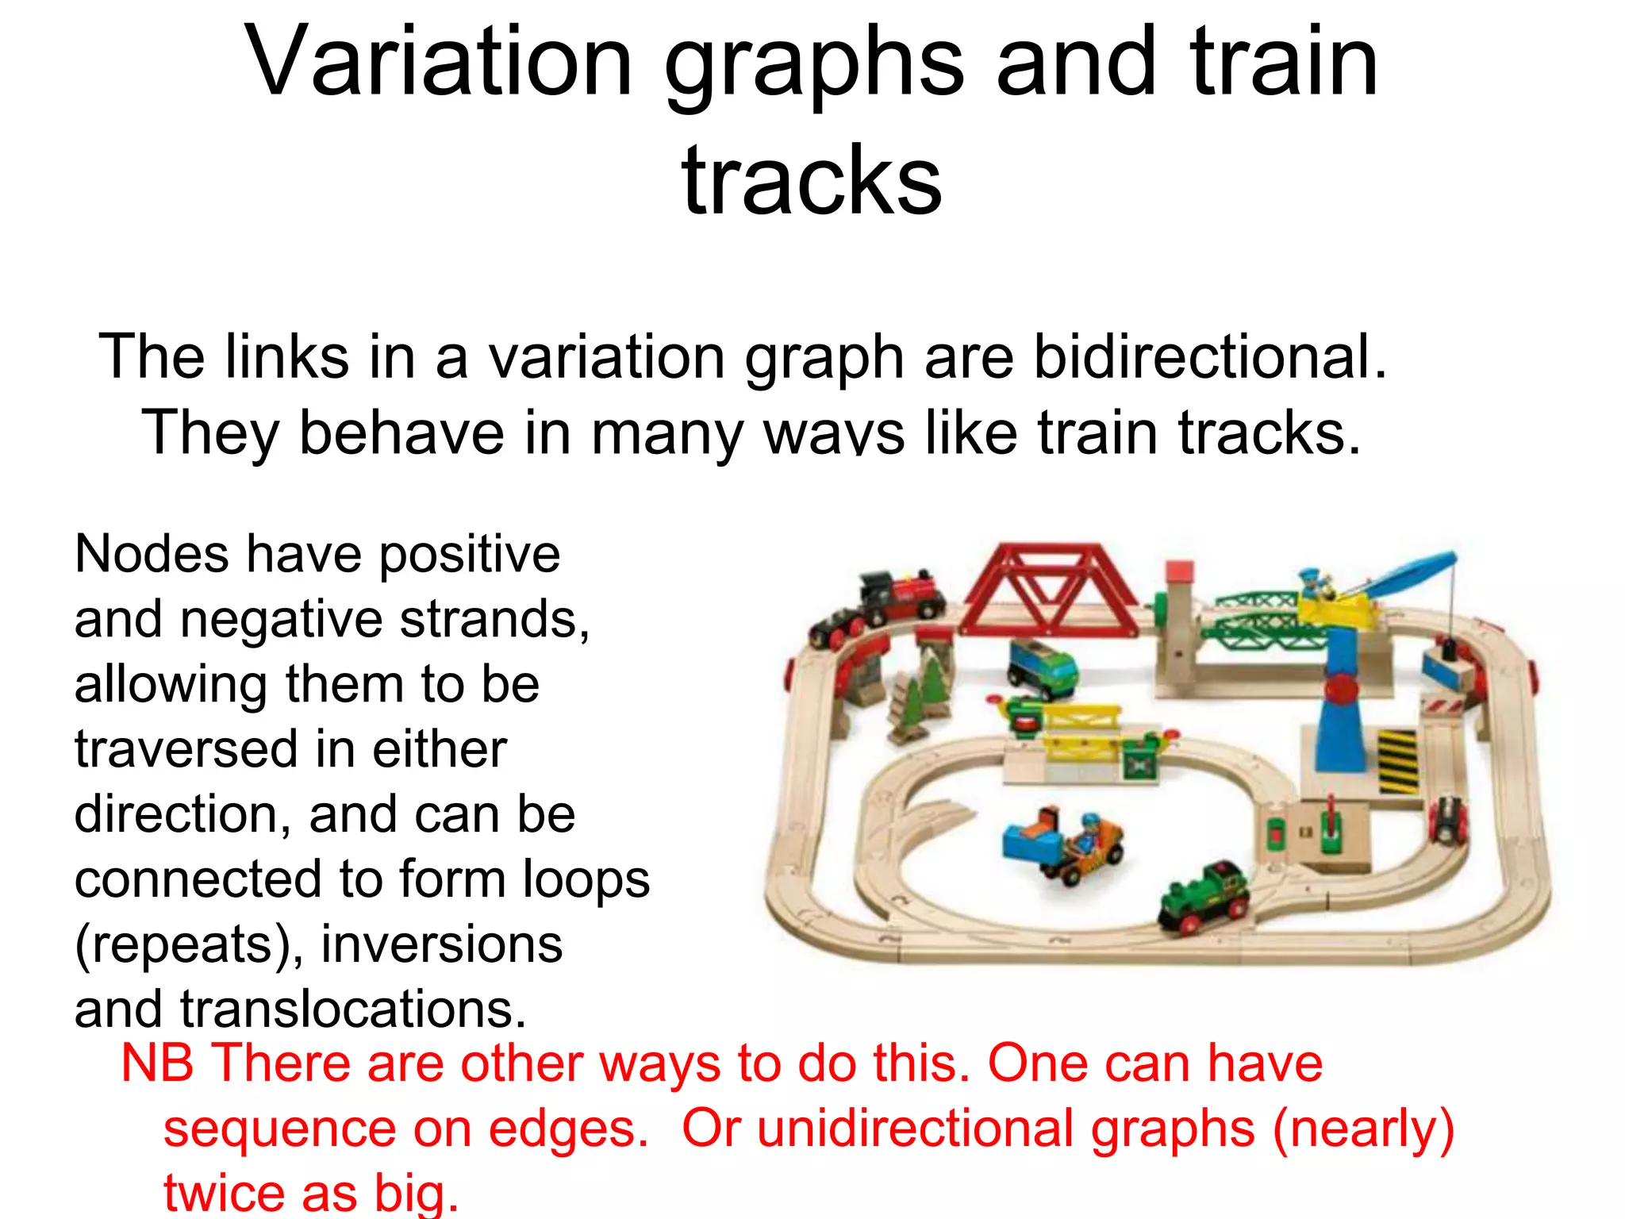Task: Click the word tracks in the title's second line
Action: tap(811, 183)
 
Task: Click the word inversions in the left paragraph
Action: tap(441, 944)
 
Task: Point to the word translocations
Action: tap(353, 1009)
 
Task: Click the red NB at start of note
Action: tap(157, 1063)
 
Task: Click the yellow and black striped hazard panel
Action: tap(1396, 760)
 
